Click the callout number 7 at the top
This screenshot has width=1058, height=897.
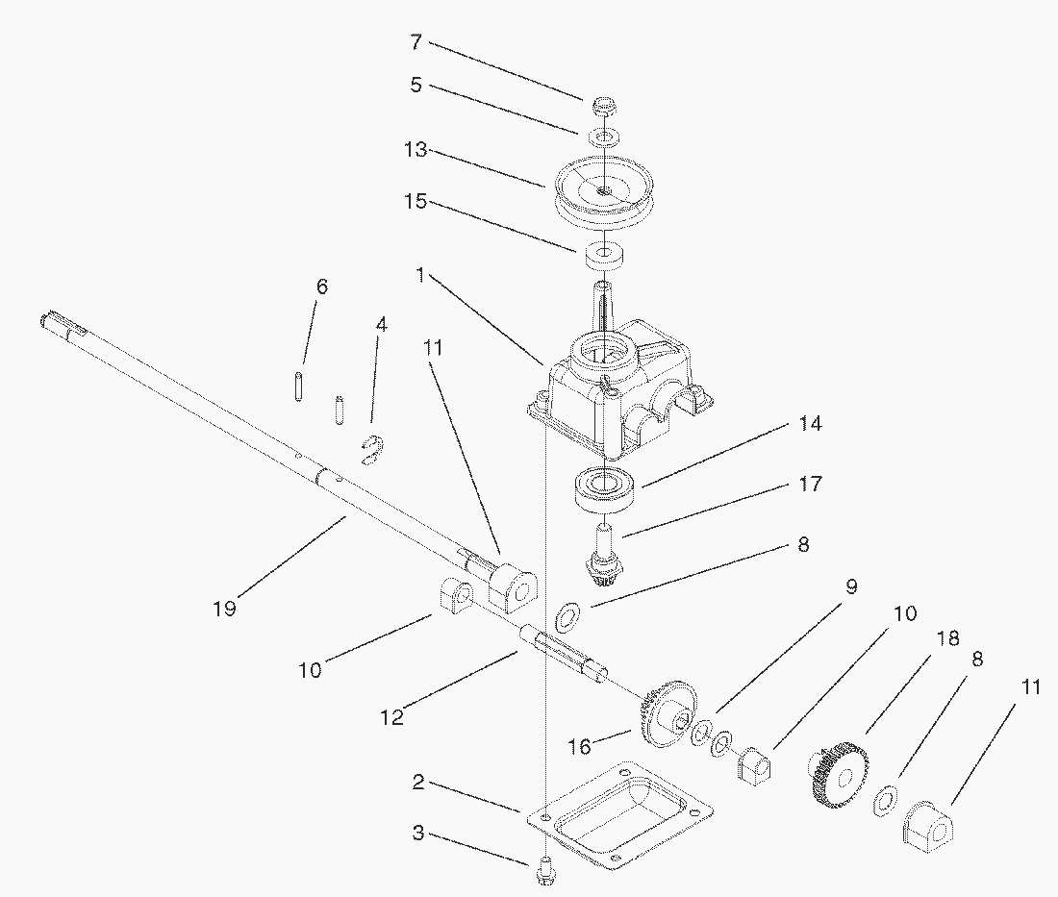coord(416,42)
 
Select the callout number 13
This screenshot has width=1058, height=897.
coord(416,149)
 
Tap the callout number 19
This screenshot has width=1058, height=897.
coord(225,609)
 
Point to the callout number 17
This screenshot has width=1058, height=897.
coord(811,484)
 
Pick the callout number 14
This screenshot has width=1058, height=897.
coord(811,424)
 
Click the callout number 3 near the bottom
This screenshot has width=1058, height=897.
coord(418,833)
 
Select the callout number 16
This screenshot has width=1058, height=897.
coord(579,747)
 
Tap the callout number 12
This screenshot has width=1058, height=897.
coord(392,717)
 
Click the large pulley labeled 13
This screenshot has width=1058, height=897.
coord(605,194)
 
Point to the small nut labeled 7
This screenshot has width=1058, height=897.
coord(603,107)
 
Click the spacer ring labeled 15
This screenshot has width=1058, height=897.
coord(599,257)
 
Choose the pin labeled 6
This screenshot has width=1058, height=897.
coord(298,386)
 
